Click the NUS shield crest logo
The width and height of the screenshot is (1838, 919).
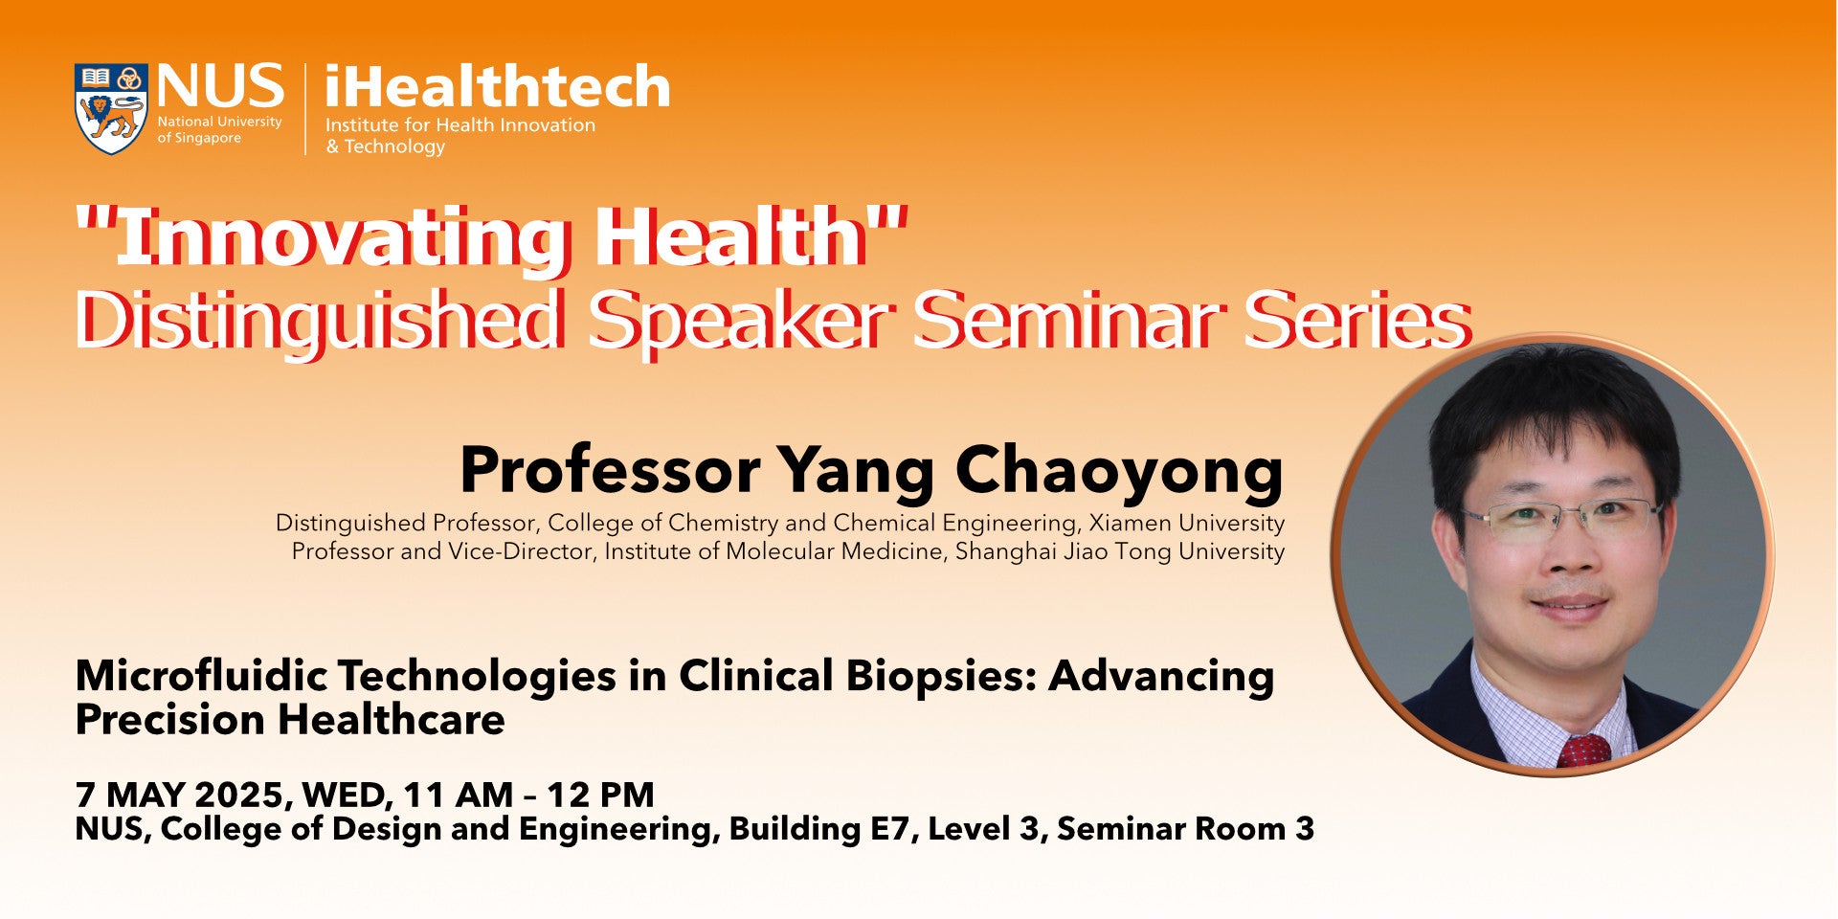[111, 109]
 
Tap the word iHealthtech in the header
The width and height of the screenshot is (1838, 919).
[498, 87]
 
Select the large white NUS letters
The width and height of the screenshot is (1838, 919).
[220, 86]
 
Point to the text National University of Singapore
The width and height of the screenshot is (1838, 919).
[219, 130]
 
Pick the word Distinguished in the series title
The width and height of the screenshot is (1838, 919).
[318, 323]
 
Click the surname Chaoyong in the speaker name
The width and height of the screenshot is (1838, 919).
[1119, 472]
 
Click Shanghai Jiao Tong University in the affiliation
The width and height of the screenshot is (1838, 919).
[1120, 551]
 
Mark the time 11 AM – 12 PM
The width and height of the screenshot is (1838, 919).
[529, 796]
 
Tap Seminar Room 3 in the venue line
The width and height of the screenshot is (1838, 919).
[1185, 829]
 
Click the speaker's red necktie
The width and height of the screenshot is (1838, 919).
[1584, 751]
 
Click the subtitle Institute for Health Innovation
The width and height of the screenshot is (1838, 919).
[460, 125]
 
